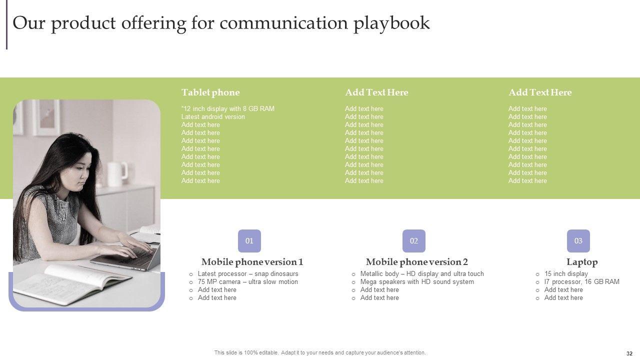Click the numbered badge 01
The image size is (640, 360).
coord(249,241)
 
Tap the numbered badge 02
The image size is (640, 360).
coord(414,241)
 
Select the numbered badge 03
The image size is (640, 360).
coord(578,241)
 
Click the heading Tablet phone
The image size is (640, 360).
coord(210,92)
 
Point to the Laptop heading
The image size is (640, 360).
coord(582,262)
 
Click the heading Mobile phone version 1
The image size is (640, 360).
coord(252,262)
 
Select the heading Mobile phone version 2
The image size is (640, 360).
coord(417,262)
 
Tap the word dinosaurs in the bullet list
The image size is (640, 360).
coord(284,273)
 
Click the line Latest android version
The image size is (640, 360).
coord(213,117)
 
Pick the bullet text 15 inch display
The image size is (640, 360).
coord(566,273)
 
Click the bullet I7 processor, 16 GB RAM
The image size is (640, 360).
coord(581,281)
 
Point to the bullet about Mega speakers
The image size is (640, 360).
coord(417,281)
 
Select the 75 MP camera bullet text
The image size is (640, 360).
coord(247,281)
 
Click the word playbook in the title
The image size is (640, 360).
coord(391,23)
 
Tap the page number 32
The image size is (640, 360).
coord(629,353)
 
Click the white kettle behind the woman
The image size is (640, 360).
coord(117,173)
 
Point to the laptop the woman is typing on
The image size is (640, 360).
coord(125,257)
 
